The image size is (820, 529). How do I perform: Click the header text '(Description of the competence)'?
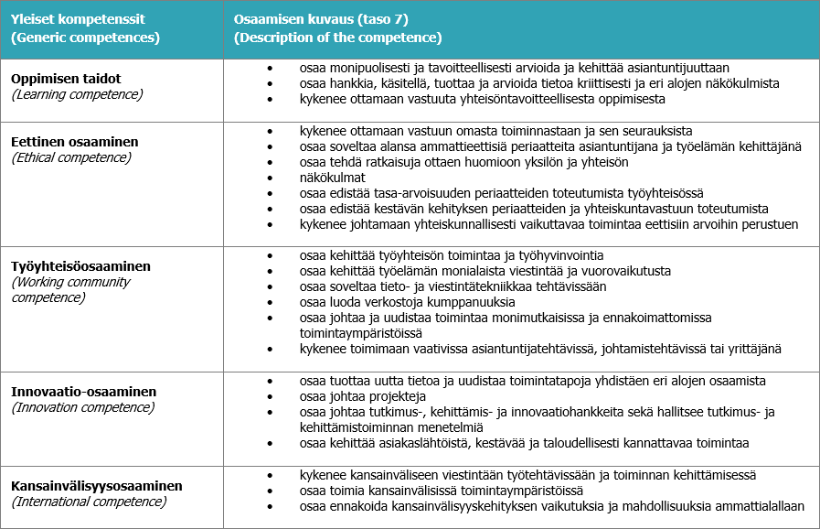(338, 38)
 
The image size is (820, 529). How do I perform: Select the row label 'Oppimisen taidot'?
(66, 79)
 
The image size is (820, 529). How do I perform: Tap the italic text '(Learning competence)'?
(77, 94)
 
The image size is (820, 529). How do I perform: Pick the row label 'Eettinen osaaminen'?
(75, 142)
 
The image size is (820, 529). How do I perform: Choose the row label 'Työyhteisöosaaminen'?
(81, 266)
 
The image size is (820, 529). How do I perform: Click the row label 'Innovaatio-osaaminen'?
(83, 392)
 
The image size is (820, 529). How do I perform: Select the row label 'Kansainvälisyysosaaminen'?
(97, 486)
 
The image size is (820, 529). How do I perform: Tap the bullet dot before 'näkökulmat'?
(269, 178)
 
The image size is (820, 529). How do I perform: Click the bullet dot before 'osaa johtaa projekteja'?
(269, 396)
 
